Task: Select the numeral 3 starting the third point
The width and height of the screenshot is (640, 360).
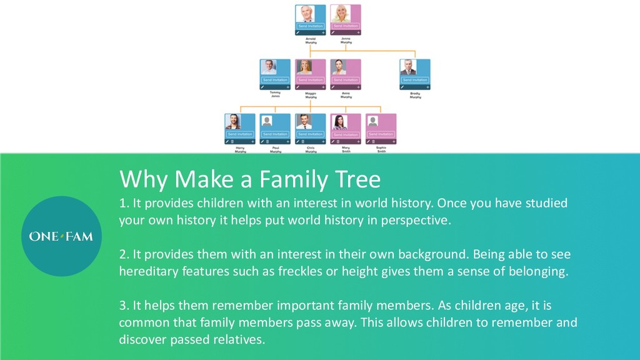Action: tap(122, 306)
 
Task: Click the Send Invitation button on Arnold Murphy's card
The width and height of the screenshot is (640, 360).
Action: tap(310, 26)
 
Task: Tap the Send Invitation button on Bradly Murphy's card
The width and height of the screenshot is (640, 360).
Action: tap(415, 80)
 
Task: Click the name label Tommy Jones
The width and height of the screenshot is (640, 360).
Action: tap(275, 95)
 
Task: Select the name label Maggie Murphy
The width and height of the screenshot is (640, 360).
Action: tap(310, 95)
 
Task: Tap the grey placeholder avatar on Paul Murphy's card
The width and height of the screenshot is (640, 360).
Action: tap(267, 121)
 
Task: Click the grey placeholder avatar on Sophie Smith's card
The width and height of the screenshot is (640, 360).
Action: tap(372, 121)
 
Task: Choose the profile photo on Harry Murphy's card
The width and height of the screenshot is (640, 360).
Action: tap(232, 121)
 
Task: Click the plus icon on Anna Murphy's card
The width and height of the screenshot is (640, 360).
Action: tap(358, 87)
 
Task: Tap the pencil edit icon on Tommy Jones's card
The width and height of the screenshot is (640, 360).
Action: tap(262, 87)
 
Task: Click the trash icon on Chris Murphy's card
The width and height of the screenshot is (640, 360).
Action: tap(303, 142)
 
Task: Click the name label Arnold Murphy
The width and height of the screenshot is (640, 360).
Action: tap(310, 41)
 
